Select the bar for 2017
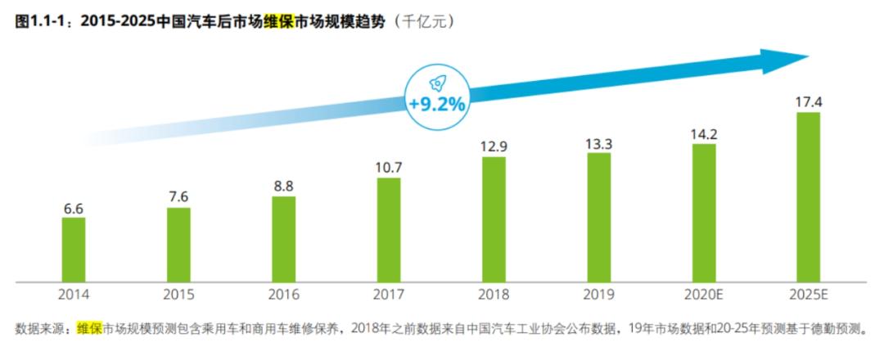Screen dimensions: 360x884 tap(389, 230)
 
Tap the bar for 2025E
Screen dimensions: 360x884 tap(809, 196)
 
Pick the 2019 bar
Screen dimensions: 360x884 tap(598, 218)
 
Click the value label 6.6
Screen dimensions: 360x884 tap(74, 208)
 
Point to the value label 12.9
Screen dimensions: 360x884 tap(494, 147)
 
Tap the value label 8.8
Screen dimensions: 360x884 tap(284, 187)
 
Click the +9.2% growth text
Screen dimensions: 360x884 tap(436, 105)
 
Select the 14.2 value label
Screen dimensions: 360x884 tap(704, 134)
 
